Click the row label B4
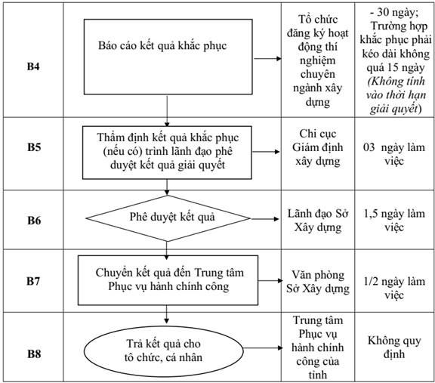coord(33,66)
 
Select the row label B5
coord(34,147)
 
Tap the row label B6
coord(34,221)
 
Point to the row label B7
coord(33,281)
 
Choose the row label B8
coord(34,354)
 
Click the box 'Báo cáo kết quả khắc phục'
coord(168,57)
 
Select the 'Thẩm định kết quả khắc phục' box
coord(167,153)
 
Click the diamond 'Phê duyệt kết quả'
coord(168,218)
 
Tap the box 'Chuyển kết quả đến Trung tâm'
coord(168,280)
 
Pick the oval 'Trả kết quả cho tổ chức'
coord(164,351)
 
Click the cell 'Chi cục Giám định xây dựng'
coord(318,147)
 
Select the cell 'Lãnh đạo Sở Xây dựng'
coord(318,221)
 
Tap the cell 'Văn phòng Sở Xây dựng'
coord(318,282)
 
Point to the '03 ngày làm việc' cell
coord(394,154)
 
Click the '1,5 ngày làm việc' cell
coord(394,221)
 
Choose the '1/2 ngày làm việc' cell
coord(394,288)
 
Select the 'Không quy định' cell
coord(394,347)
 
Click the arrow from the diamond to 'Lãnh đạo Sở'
coord(265,219)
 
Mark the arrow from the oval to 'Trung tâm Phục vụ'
coord(263,348)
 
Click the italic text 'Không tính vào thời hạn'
coord(396,88)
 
